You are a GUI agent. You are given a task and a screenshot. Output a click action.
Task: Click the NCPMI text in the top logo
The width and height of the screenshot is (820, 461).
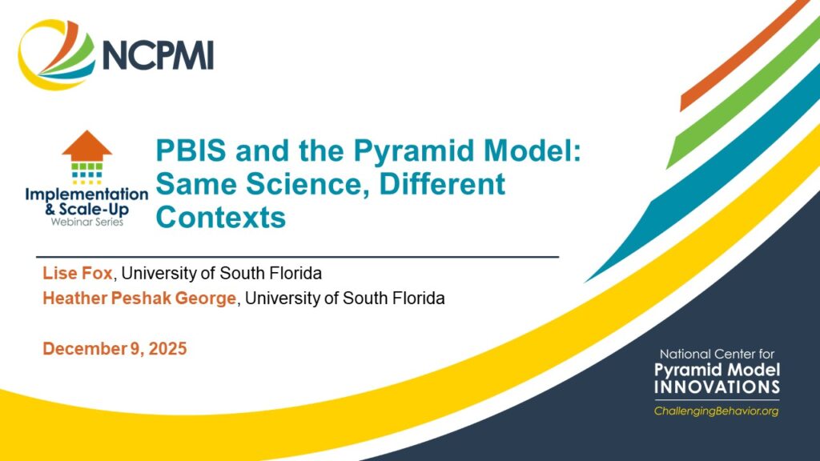(157, 54)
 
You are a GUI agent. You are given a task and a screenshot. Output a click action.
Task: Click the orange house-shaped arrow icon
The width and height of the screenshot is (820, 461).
(86, 146)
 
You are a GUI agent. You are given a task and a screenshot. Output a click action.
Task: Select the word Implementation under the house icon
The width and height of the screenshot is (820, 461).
(86, 194)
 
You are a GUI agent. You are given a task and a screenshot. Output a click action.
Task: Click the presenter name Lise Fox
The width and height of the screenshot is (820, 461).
(77, 274)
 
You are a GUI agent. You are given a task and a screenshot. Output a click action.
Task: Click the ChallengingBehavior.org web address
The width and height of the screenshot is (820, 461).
(715, 411)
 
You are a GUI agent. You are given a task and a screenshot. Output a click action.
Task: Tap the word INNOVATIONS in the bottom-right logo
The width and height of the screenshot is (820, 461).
(716, 387)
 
